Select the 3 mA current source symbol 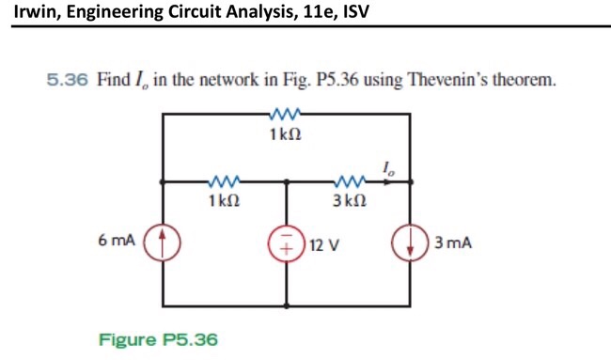point(411,242)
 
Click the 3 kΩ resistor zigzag point(350,181)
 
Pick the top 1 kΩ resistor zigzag point(284,115)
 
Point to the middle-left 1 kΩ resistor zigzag point(224,181)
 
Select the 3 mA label point(452,243)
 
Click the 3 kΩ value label point(350,200)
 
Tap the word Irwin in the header point(35,12)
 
